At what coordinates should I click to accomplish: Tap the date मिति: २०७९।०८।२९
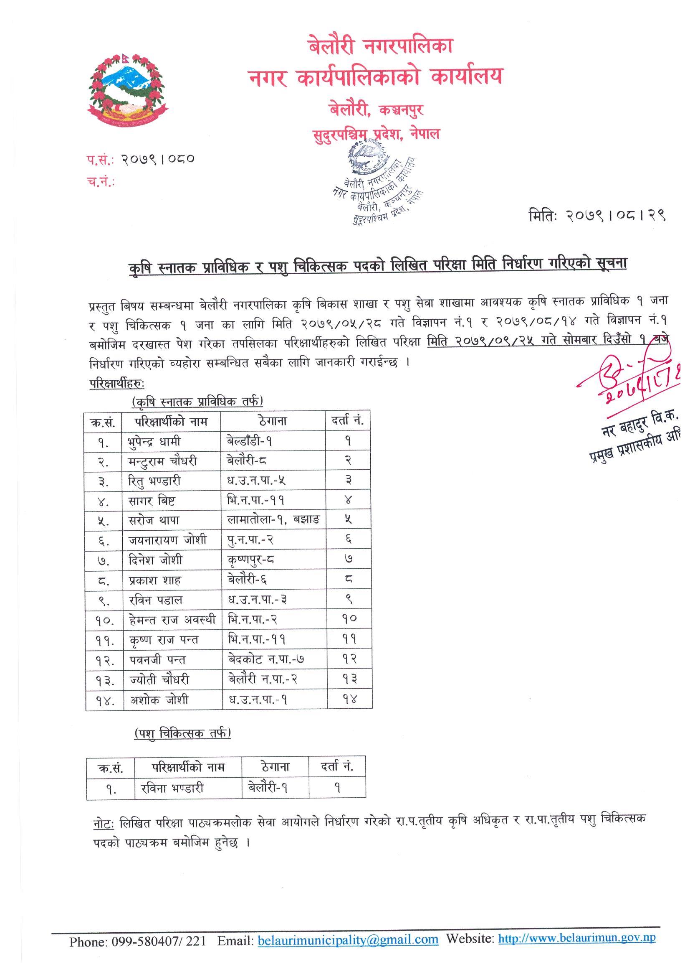click(596, 216)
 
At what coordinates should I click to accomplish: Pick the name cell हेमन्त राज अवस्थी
click(172, 621)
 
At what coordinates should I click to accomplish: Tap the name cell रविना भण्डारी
click(172, 789)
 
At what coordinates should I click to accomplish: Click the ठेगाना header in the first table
click(272, 421)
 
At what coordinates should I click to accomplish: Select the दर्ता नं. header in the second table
click(337, 767)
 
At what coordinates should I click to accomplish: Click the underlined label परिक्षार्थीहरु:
click(117, 383)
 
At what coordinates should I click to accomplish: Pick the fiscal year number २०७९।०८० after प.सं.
click(158, 160)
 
